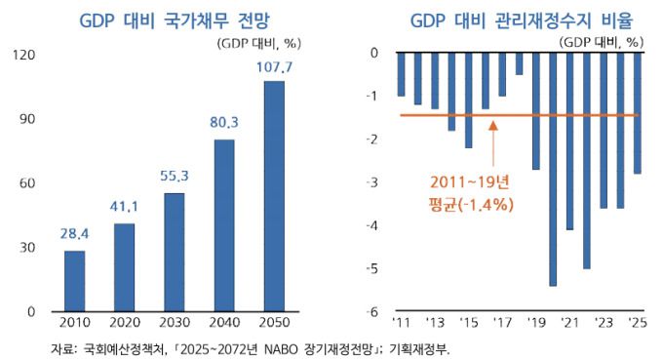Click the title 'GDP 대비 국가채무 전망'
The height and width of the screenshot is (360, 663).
click(x=162, y=20)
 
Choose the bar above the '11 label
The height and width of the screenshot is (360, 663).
click(x=401, y=74)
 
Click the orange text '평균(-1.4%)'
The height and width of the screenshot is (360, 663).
click(x=472, y=205)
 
